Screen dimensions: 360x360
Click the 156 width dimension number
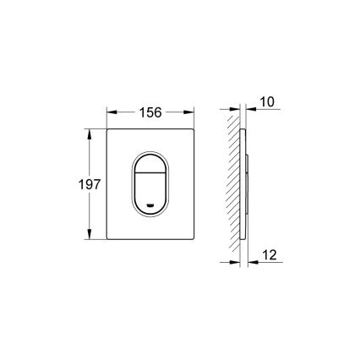[x=150, y=112]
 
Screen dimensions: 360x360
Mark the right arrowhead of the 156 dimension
[x=190, y=112]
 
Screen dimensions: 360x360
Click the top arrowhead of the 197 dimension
[x=90, y=132]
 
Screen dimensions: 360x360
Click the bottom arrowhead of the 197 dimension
[x=90, y=237]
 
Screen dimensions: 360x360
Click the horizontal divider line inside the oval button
[x=151, y=172]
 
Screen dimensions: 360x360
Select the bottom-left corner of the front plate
[x=109, y=239]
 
